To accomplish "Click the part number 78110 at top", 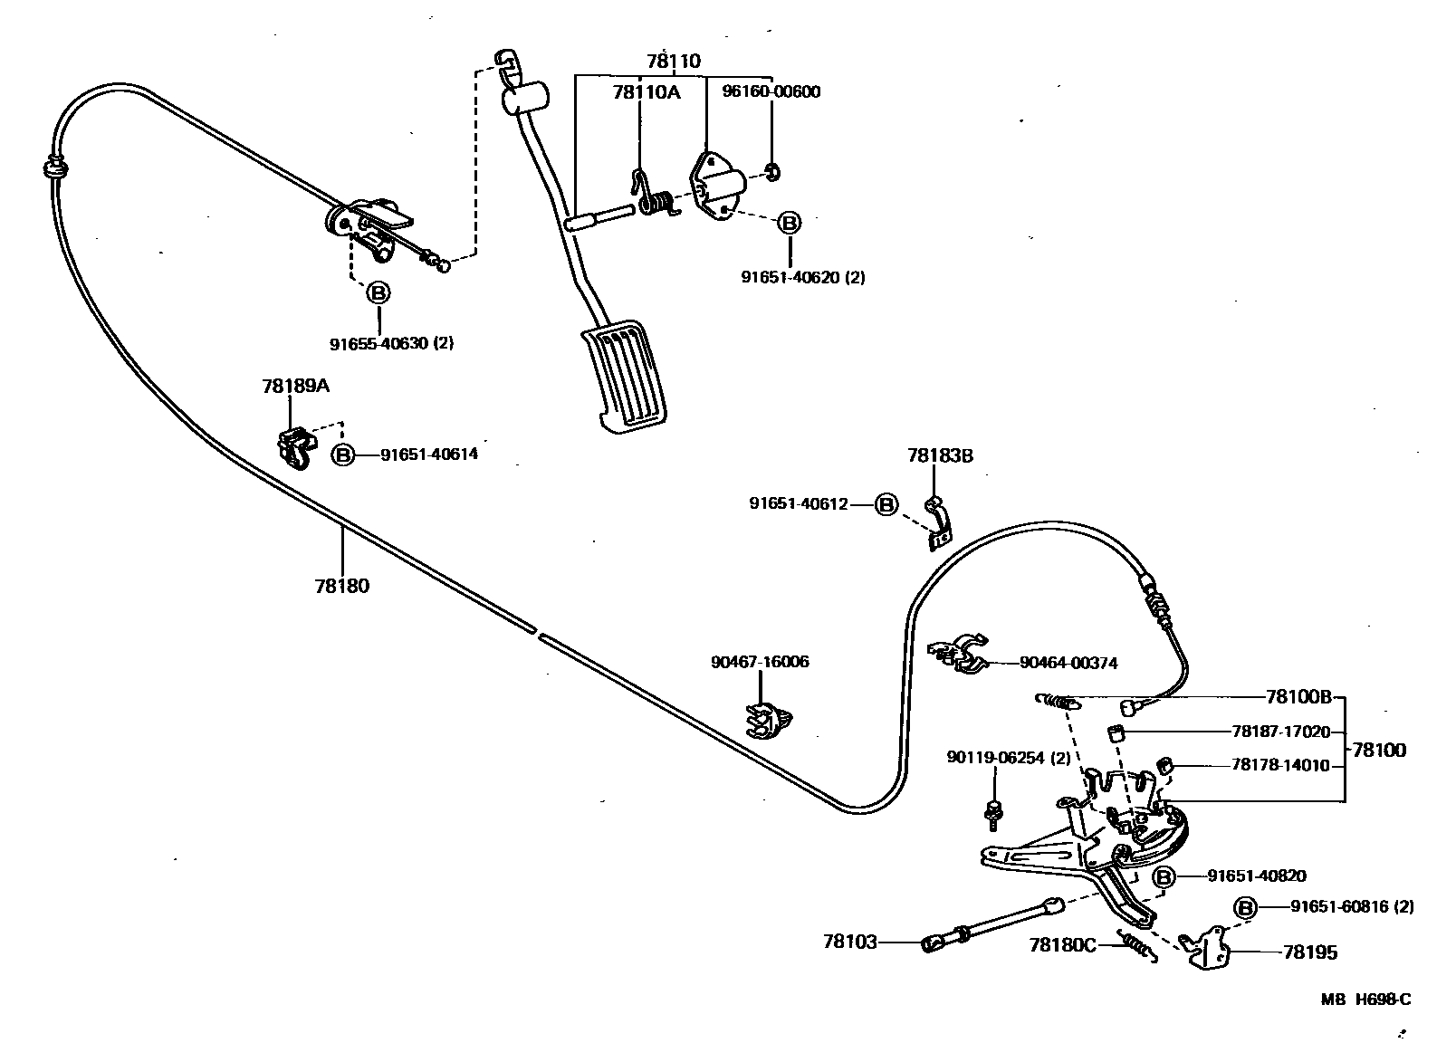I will click(x=673, y=62).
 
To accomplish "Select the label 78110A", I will click(x=646, y=91).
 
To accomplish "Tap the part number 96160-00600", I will click(x=771, y=91).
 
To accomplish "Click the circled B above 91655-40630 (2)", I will click(x=378, y=292).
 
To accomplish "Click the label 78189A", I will click(x=295, y=386).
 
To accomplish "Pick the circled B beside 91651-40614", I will click(x=343, y=455).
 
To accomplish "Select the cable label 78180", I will click(x=342, y=586).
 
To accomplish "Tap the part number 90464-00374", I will click(x=1068, y=663).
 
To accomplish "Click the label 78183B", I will click(x=940, y=455).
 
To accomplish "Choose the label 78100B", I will click(x=1298, y=697).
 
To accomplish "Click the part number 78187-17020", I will click(x=1280, y=732).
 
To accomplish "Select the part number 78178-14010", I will click(x=1280, y=765).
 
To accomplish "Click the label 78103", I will click(x=849, y=943).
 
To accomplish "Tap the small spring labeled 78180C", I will click(x=1136, y=947).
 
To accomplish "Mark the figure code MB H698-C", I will click(x=1365, y=1000).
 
